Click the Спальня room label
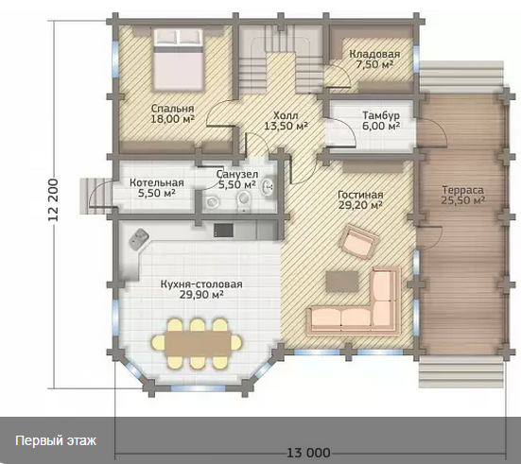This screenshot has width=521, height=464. (172, 109)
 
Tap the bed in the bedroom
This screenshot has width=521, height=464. (178, 60)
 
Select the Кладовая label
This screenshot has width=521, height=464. (374, 54)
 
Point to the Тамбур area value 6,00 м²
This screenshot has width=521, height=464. (381, 126)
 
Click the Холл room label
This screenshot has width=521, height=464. (286, 115)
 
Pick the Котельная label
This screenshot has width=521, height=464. (157, 182)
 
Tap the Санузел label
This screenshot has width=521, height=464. (237, 174)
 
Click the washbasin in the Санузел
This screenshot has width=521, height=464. (268, 187)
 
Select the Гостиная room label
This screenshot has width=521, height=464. (360, 195)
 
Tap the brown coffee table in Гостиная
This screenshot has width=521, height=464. (342, 281)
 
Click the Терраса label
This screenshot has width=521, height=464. (463, 190)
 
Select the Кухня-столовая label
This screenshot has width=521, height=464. (201, 284)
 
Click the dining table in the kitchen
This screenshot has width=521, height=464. (197, 344)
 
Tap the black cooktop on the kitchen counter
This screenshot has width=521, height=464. (223, 230)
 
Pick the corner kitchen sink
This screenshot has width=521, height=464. (139, 239)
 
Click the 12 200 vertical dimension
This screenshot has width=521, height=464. (53, 200)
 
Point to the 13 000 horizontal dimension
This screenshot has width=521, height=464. (308, 453)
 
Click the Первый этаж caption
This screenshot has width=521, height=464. (56, 441)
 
